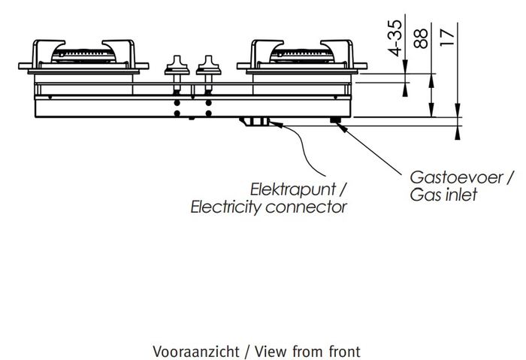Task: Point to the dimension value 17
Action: coord(449,37)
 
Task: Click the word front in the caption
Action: coord(344,351)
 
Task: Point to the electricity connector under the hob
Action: coord(255,121)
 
